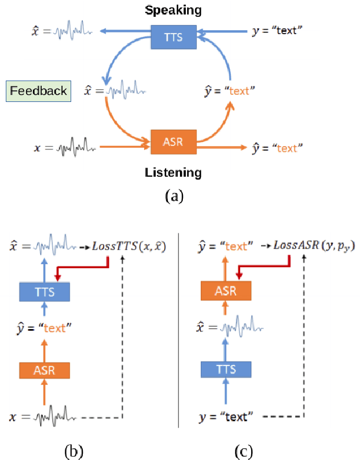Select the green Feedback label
[x=38, y=91]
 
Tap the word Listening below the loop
[x=174, y=173]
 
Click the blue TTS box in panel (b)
[x=45, y=291]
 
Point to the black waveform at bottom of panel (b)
[x=54, y=416]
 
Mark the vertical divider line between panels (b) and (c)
[x=178, y=330]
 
